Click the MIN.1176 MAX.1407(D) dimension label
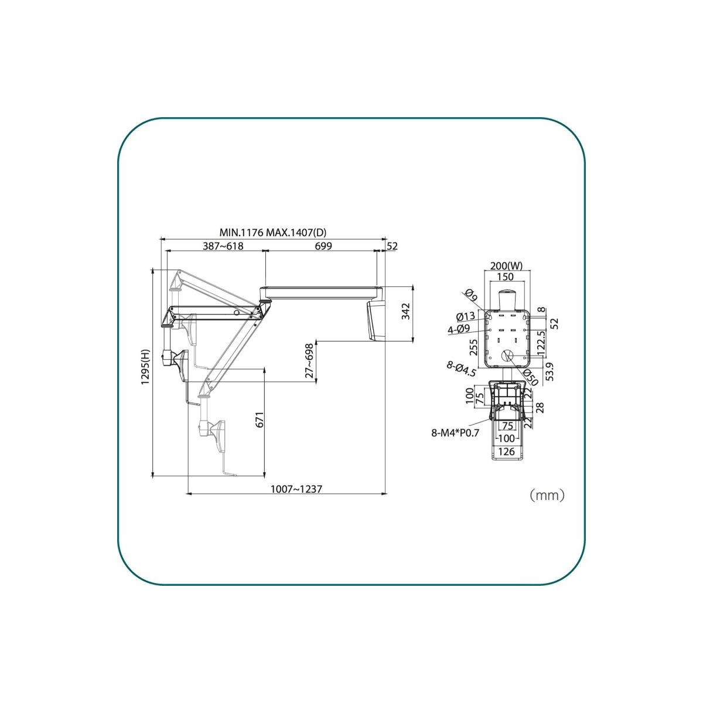[x=272, y=233]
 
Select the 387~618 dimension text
[x=223, y=246]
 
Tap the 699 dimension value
[x=323, y=246]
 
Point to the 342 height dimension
[x=405, y=312]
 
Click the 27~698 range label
[x=309, y=360]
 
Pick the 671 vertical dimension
[x=260, y=420]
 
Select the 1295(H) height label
[x=146, y=367]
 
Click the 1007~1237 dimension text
[x=296, y=489]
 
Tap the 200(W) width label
[x=506, y=266]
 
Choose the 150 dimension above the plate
[x=505, y=277]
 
